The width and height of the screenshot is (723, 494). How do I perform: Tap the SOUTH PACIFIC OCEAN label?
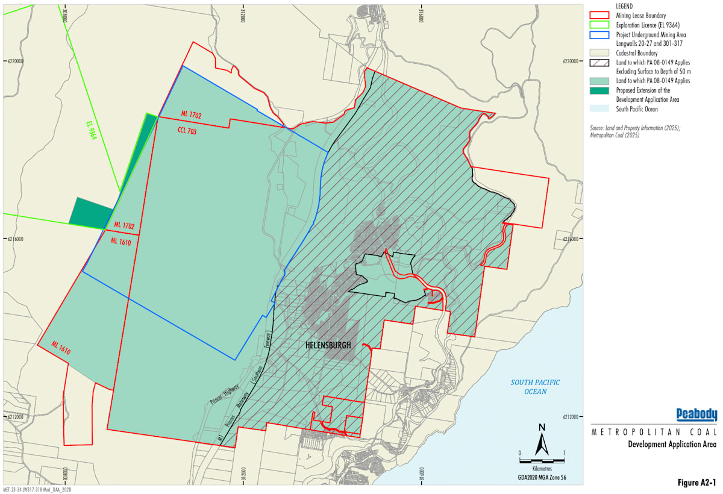point(535,387)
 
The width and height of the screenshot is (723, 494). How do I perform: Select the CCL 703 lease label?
point(187,131)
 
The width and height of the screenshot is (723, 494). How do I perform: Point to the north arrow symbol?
point(542,439)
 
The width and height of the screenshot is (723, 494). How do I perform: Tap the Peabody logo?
point(696,414)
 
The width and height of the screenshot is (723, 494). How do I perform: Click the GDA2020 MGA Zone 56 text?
point(542,478)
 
